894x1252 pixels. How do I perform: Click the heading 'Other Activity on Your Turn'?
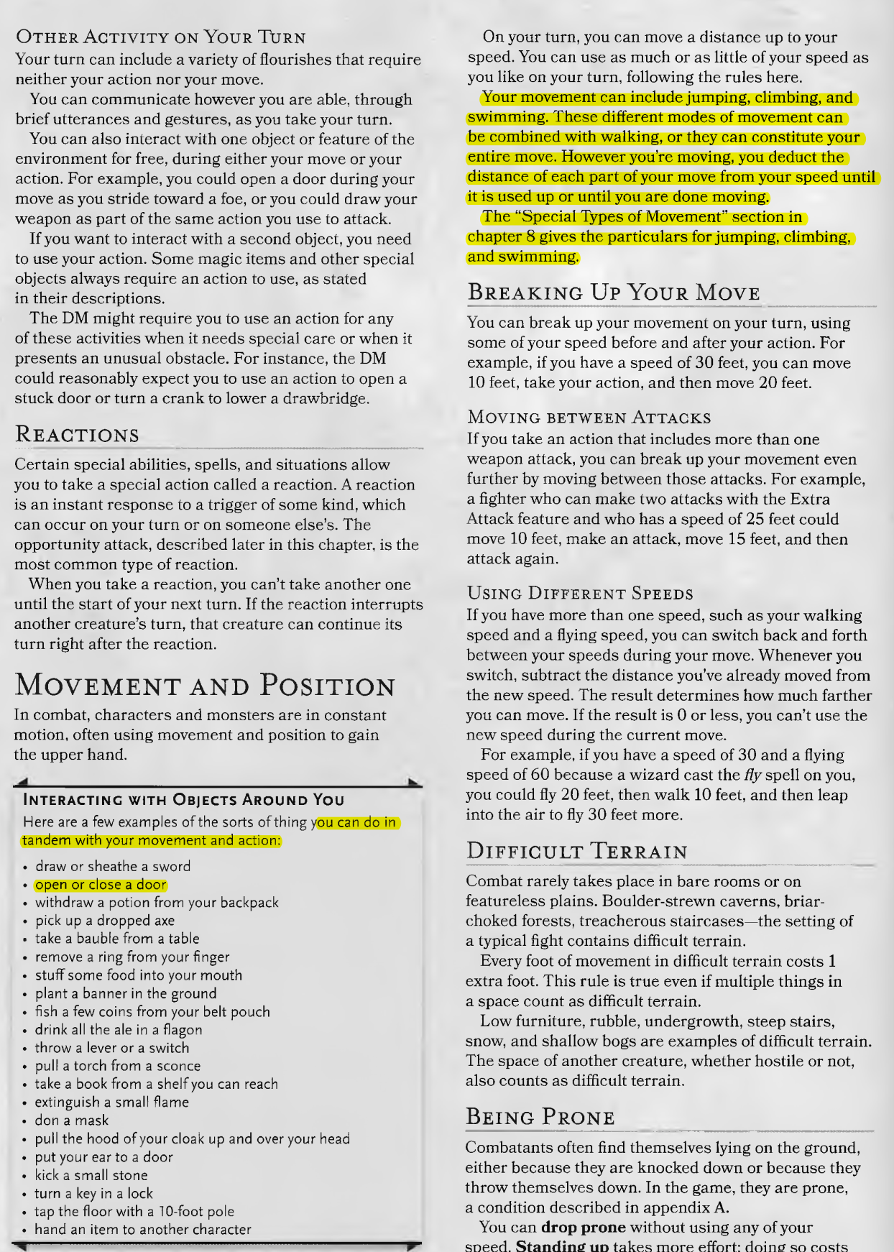pyautogui.click(x=161, y=37)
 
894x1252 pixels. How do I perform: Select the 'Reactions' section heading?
pyautogui.click(x=77, y=435)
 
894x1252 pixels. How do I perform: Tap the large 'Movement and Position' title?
pyautogui.click(x=205, y=686)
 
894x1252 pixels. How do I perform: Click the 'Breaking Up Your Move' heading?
pyautogui.click(x=614, y=293)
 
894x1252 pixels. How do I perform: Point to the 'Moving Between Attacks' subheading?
pyautogui.click(x=589, y=418)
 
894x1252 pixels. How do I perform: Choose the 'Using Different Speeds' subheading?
pyautogui.click(x=579, y=593)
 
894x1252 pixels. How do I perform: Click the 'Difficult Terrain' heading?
pyautogui.click(x=576, y=852)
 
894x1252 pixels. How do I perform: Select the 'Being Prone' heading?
pyautogui.click(x=540, y=1117)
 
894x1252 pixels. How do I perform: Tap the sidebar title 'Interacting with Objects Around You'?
pyautogui.click(x=184, y=800)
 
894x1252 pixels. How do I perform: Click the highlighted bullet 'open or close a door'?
pyautogui.click(x=101, y=885)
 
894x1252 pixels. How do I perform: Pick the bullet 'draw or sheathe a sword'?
pyautogui.click(x=113, y=866)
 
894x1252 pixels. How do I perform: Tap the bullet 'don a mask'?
pyautogui.click(x=72, y=1120)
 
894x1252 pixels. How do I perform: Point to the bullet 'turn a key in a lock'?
pyautogui.click(x=93, y=1193)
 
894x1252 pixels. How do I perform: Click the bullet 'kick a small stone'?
pyautogui.click(x=91, y=1175)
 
